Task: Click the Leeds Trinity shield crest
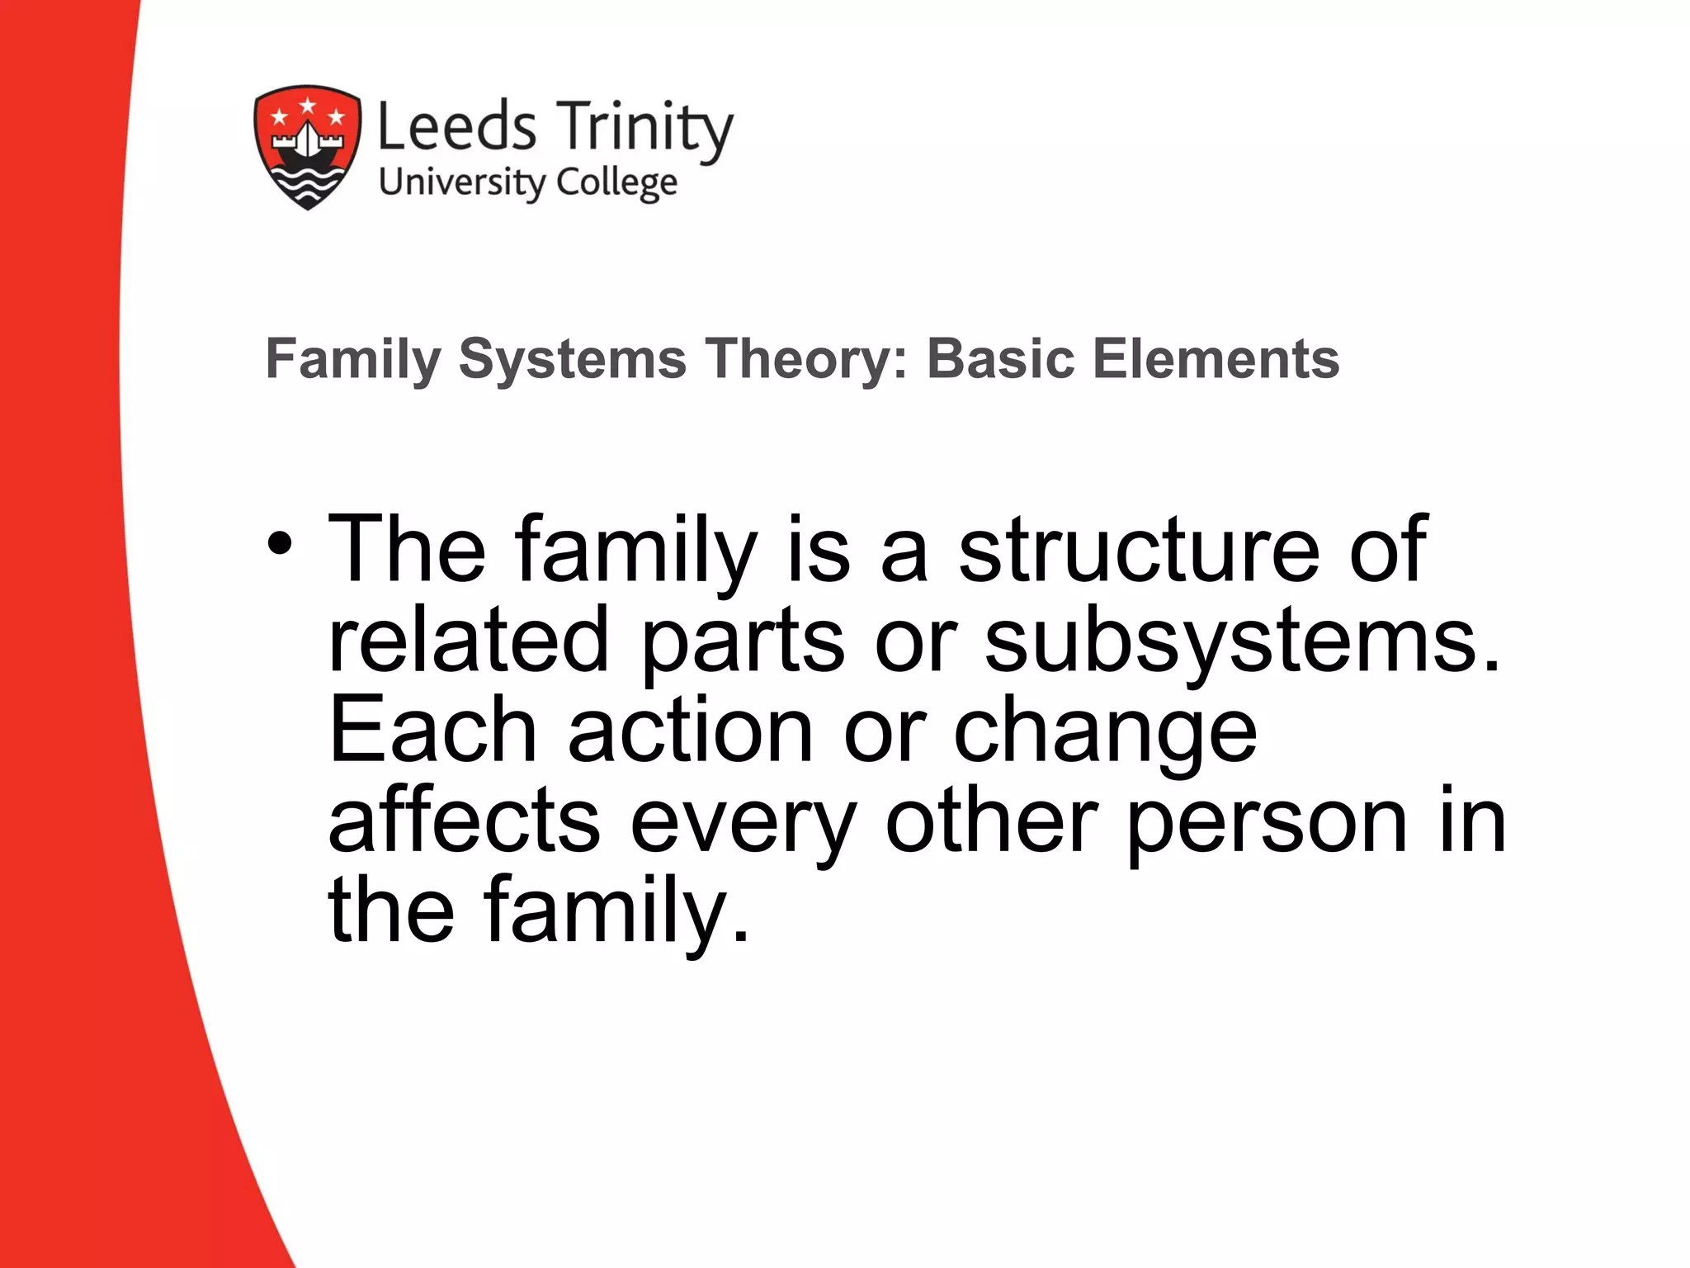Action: [x=307, y=146]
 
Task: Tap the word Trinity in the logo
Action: [x=644, y=130]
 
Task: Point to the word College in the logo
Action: [x=617, y=183]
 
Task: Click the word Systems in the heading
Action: [x=572, y=360]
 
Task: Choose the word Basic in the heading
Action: [x=1000, y=360]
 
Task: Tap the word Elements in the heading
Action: [x=1216, y=360]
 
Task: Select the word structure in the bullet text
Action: [x=1139, y=550]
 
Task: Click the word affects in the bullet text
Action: [x=465, y=821]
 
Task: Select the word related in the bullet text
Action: [x=469, y=641]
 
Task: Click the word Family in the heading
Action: [x=354, y=360]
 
